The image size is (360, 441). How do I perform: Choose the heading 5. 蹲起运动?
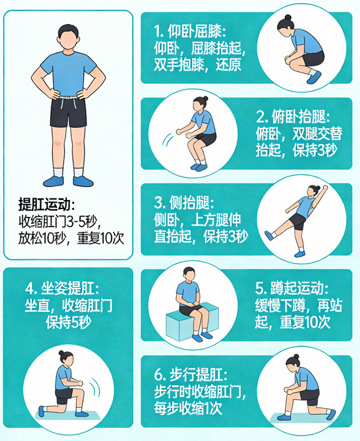coord(292,288)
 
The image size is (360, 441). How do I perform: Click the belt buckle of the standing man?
coord(66,100)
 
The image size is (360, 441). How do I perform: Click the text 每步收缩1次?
coord(188,409)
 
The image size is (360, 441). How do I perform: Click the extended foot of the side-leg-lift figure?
coord(268,235)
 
